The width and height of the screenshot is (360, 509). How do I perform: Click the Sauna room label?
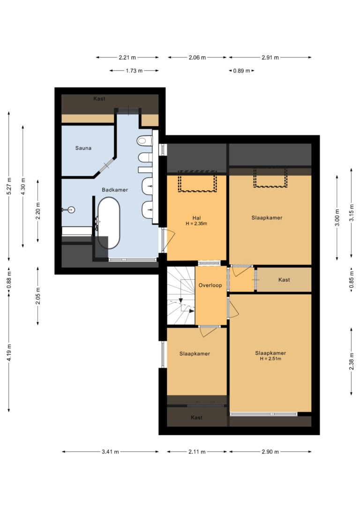click(x=83, y=148)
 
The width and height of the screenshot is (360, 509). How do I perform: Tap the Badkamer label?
click(x=115, y=190)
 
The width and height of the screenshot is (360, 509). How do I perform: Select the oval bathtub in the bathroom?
click(x=109, y=223)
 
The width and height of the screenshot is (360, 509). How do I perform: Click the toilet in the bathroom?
click(x=144, y=141)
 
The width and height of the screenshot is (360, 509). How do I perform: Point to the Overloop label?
click(x=210, y=285)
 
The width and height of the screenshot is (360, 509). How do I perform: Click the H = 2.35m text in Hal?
click(x=196, y=224)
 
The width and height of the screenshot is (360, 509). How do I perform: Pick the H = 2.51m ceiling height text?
click(x=270, y=359)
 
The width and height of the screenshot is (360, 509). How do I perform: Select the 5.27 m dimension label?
click(x=9, y=186)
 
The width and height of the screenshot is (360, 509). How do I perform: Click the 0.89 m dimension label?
click(x=241, y=71)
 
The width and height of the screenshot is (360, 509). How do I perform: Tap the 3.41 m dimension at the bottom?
click(x=110, y=451)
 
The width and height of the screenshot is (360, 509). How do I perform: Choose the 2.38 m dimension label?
click(x=351, y=361)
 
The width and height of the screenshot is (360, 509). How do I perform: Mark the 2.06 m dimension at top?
click(x=197, y=58)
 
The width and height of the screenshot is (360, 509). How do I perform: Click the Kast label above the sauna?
click(x=99, y=99)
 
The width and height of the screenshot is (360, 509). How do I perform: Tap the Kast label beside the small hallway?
click(x=284, y=280)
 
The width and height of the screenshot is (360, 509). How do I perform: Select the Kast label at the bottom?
click(x=196, y=418)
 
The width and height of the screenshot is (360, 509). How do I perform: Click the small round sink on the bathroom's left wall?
click(x=71, y=210)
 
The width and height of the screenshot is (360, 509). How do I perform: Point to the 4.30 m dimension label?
click(x=22, y=187)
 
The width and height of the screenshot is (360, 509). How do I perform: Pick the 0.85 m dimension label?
click(x=351, y=280)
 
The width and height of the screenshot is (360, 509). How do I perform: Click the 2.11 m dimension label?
click(x=197, y=451)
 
